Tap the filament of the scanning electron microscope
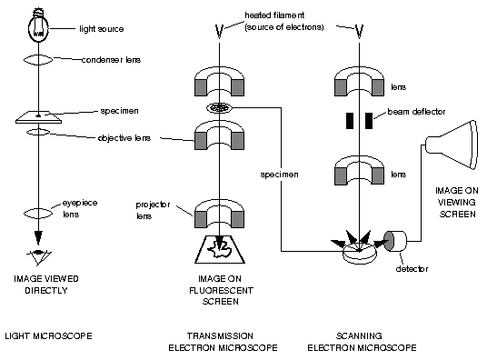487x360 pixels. [x=360, y=34]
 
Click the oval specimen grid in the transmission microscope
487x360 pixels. [x=218, y=108]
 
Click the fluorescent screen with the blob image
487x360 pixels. [x=218, y=246]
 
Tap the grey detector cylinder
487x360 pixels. [x=395, y=240]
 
